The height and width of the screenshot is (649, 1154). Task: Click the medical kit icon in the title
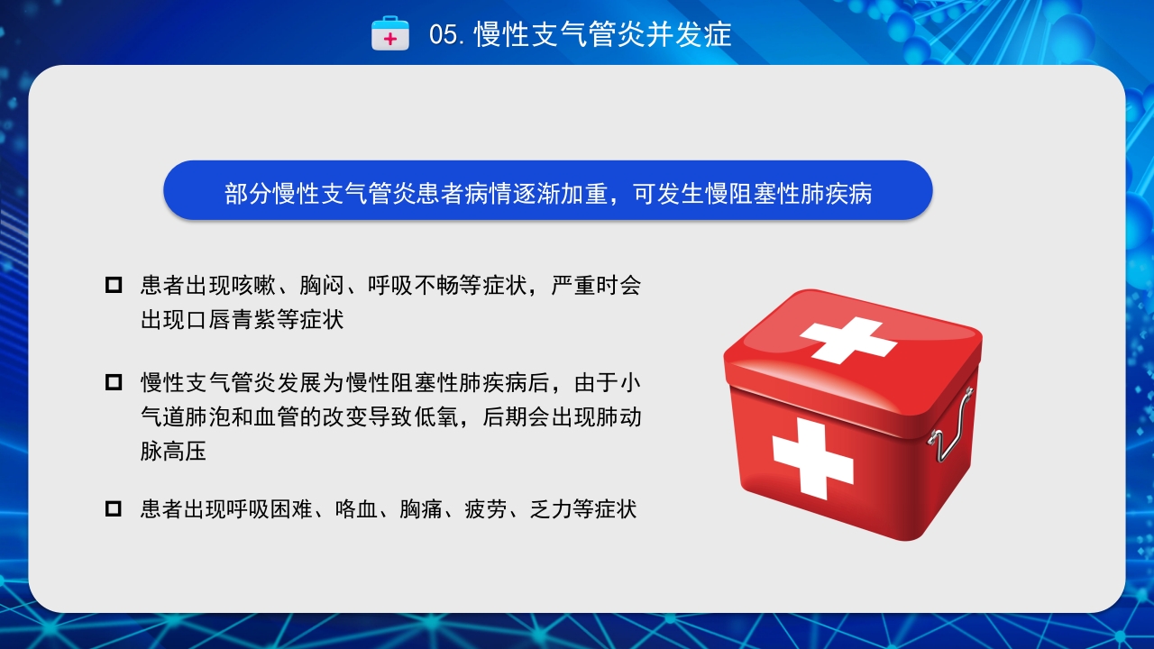(x=390, y=33)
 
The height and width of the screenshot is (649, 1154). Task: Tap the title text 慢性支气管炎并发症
(x=602, y=34)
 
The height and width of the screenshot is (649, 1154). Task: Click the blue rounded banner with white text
(x=547, y=191)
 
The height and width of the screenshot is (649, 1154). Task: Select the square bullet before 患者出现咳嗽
(x=114, y=286)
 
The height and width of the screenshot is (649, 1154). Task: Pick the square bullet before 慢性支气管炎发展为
(x=114, y=382)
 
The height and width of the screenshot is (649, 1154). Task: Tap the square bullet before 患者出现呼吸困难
(x=114, y=509)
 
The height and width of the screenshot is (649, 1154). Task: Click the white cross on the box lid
(x=847, y=339)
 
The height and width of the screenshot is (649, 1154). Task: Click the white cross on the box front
(x=812, y=459)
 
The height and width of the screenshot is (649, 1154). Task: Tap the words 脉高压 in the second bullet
(x=173, y=451)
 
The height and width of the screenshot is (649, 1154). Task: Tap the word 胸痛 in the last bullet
(x=421, y=509)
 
